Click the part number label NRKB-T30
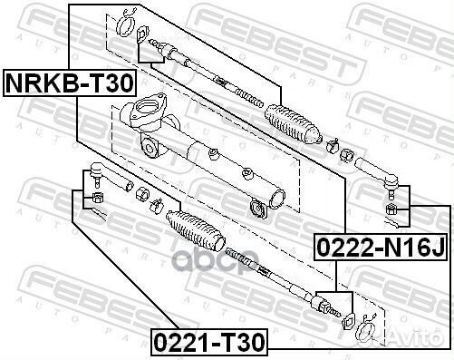[70, 84]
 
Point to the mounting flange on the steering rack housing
[145, 119]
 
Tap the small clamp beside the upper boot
[333, 143]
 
